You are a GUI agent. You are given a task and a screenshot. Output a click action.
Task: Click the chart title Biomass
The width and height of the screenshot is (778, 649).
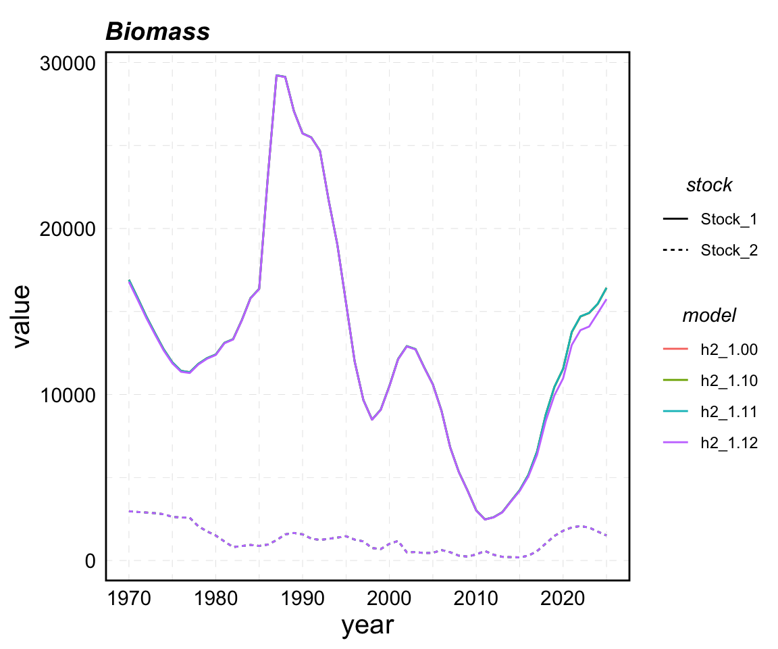(x=157, y=32)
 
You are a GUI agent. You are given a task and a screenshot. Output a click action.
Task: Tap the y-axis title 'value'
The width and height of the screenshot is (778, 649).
(x=22, y=316)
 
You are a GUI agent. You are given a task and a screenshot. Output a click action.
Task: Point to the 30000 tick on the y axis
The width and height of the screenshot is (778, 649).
(x=66, y=63)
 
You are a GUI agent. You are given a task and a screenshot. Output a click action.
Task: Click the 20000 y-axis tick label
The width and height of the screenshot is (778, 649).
(x=66, y=229)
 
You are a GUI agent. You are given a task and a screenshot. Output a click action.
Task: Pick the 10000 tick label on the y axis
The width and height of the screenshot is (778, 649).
(x=66, y=395)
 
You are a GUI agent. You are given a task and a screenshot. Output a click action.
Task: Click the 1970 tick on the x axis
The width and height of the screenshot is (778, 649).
(x=129, y=598)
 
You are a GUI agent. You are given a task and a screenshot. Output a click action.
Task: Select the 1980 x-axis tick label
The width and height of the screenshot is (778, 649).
(x=215, y=598)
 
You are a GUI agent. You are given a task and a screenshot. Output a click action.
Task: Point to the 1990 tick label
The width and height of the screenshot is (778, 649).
(x=303, y=598)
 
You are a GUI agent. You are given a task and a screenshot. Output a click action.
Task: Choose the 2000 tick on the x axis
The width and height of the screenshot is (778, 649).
(x=389, y=598)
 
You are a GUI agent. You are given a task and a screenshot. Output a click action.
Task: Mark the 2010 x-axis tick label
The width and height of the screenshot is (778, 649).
(x=476, y=598)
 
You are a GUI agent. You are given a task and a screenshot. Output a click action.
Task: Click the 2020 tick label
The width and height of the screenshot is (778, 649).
(x=563, y=598)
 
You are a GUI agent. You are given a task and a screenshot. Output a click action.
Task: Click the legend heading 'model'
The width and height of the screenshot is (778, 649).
(x=709, y=315)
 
